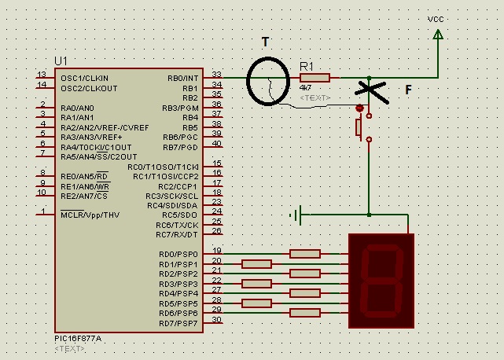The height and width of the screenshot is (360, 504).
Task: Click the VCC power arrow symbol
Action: (x=438, y=34)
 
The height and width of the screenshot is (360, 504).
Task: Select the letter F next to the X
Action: (x=408, y=90)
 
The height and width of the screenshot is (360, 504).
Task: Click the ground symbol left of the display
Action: (x=296, y=214)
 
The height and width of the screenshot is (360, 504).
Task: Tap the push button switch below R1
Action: (x=361, y=126)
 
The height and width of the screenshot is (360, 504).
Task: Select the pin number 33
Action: (x=217, y=74)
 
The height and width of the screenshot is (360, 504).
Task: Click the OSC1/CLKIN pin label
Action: (x=84, y=78)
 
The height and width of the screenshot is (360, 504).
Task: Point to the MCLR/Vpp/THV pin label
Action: (x=90, y=214)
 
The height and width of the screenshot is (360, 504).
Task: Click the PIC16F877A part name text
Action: (x=79, y=339)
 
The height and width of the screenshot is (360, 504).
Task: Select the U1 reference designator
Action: (x=61, y=61)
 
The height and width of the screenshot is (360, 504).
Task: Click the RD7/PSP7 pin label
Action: (x=178, y=323)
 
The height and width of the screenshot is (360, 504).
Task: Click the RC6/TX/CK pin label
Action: (x=177, y=225)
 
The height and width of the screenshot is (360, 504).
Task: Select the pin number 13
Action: (x=42, y=74)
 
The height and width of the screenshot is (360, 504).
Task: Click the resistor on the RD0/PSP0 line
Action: (x=304, y=253)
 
